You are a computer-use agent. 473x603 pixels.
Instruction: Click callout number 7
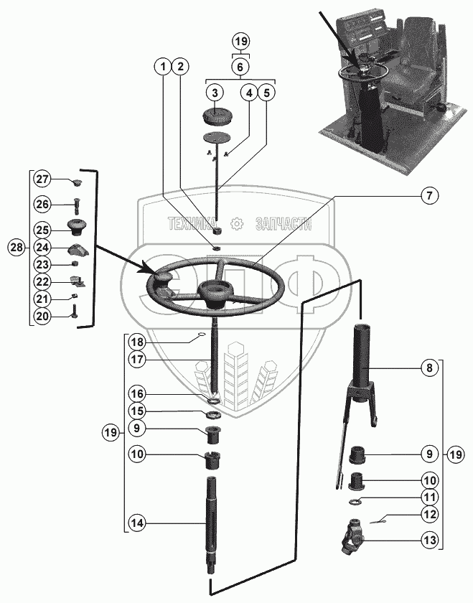[x=428, y=195]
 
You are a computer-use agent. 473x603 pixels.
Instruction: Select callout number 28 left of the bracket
[x=16, y=247]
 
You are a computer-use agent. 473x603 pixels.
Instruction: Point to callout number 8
[x=428, y=368]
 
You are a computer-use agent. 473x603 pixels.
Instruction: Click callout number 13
[x=428, y=540]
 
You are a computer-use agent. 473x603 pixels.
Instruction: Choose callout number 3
[x=214, y=93]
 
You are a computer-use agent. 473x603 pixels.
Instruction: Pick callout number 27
[x=42, y=179]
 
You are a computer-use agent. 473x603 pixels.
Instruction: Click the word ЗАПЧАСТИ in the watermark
[x=283, y=224]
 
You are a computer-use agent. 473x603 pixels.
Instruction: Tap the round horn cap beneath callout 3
[x=214, y=116]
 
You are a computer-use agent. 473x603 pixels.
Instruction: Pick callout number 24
[x=42, y=247]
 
